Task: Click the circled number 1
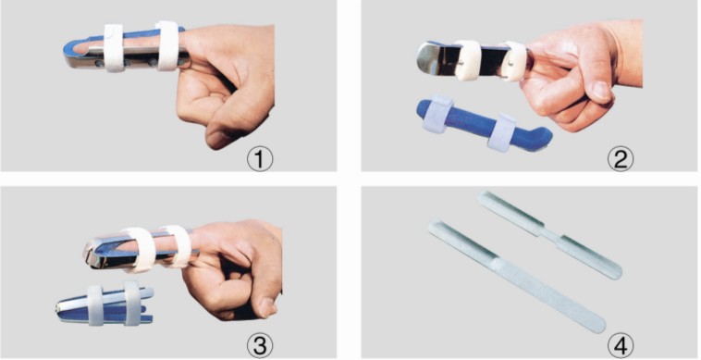tap(260, 159)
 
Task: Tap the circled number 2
tap(621, 159)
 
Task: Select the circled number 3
tap(260, 345)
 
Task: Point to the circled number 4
tap(621, 345)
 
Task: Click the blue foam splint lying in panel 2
tap(483, 123)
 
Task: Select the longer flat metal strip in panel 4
tap(516, 277)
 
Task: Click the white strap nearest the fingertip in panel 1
tap(114, 48)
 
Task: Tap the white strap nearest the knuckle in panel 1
tap(167, 45)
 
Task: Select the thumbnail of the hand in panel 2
tap(601, 92)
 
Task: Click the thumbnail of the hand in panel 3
tap(266, 307)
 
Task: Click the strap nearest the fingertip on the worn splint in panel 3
tap(140, 250)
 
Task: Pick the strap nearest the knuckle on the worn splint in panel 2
tap(513, 61)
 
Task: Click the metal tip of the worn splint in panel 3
tap(92, 254)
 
